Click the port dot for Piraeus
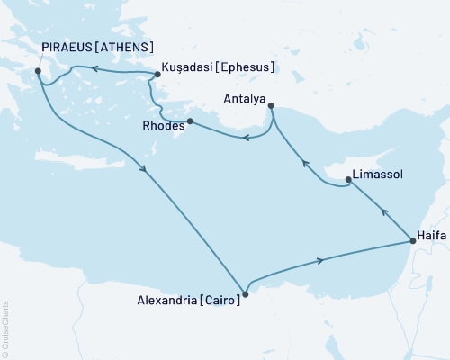(x=38, y=71)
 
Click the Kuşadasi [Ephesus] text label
(x=218, y=67)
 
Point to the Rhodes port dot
(x=190, y=121)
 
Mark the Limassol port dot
(x=348, y=182)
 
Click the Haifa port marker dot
(x=412, y=240)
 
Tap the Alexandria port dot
(x=246, y=290)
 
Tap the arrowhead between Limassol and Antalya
(x=305, y=164)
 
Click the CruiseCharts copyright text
(x=5, y=328)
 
